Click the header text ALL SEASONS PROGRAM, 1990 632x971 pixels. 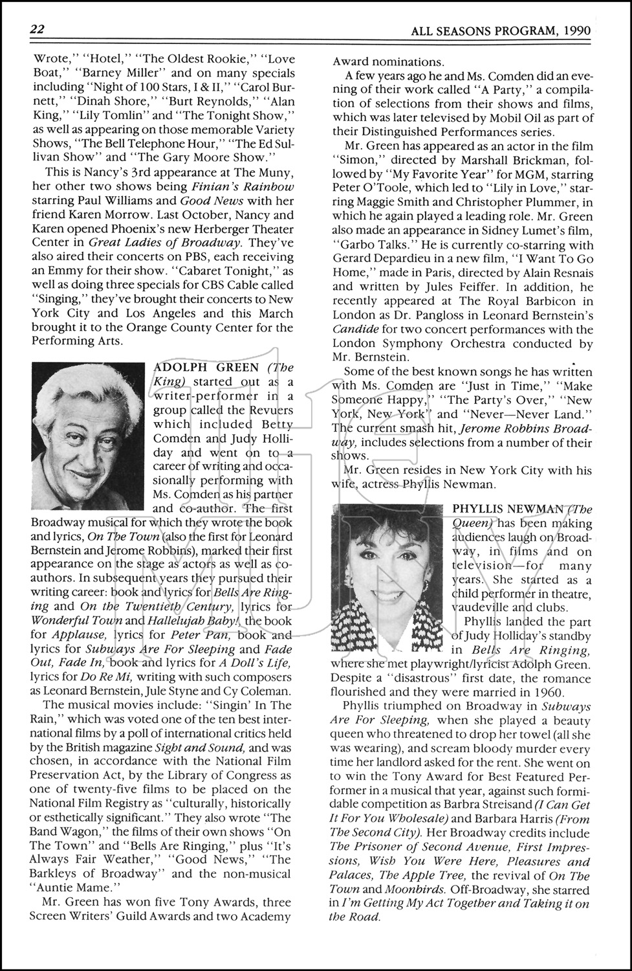[501, 30]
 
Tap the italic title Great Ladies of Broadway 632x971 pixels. [164, 243]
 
